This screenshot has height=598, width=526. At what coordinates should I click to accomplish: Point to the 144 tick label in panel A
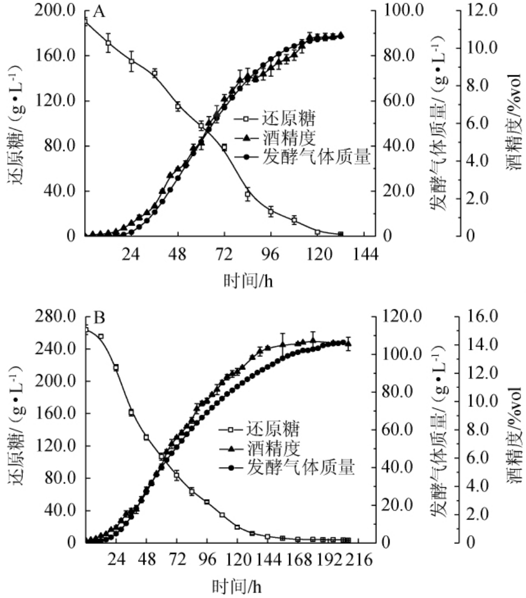[364, 254]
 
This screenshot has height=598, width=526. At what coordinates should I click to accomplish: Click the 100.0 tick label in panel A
[404, 10]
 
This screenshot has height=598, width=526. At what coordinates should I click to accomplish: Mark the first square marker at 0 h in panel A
[85, 22]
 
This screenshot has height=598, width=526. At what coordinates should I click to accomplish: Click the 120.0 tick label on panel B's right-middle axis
[404, 316]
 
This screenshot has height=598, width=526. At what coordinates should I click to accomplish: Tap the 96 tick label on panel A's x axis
[271, 254]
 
